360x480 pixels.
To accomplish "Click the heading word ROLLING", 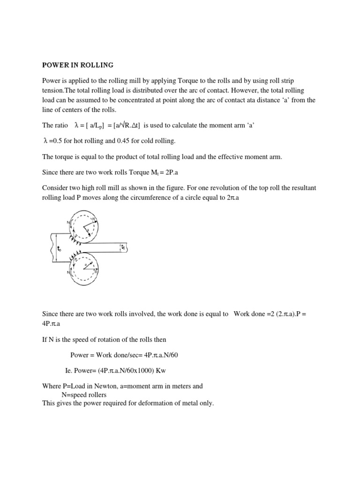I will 97,65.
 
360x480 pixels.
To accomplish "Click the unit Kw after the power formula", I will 161,371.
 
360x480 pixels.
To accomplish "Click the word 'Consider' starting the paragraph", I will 55,187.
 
